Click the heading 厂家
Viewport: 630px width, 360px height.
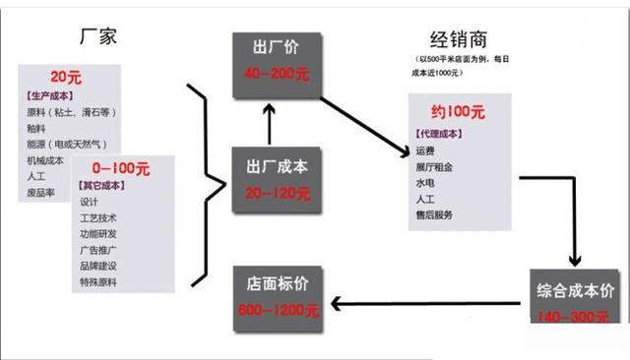tap(99, 38)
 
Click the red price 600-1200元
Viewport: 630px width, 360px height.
tap(276, 311)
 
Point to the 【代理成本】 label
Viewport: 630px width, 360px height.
tap(440, 134)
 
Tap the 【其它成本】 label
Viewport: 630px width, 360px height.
tap(103, 185)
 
